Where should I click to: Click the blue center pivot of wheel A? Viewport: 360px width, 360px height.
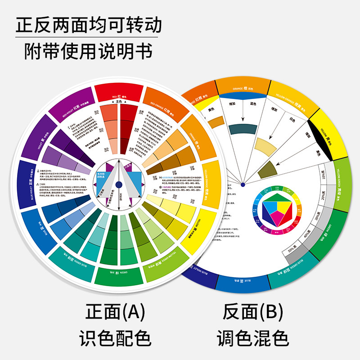118,184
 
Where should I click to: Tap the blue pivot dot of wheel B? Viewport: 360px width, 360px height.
243,184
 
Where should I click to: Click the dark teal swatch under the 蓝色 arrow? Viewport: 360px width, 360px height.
243,129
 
